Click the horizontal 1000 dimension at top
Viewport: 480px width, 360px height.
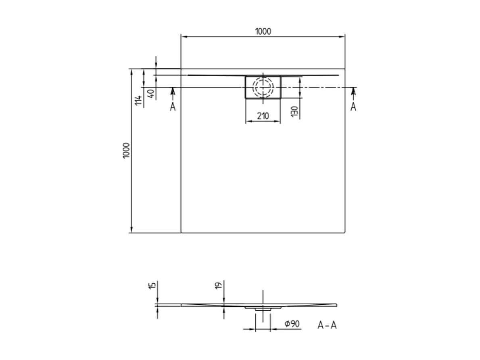263,31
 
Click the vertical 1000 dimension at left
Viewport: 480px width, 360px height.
126,151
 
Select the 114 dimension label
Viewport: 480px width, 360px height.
138,100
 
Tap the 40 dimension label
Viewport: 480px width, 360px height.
150,94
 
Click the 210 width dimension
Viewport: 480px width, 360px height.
263,116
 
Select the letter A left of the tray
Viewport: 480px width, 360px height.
173,107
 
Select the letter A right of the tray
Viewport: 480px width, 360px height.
353,107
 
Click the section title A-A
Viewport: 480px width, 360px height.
327,325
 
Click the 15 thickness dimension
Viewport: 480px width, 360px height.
151,286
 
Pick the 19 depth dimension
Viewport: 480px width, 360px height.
218,286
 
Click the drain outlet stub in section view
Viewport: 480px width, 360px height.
263,309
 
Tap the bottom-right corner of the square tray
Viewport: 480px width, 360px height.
345,233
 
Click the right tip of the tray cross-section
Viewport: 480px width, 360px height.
336,305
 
